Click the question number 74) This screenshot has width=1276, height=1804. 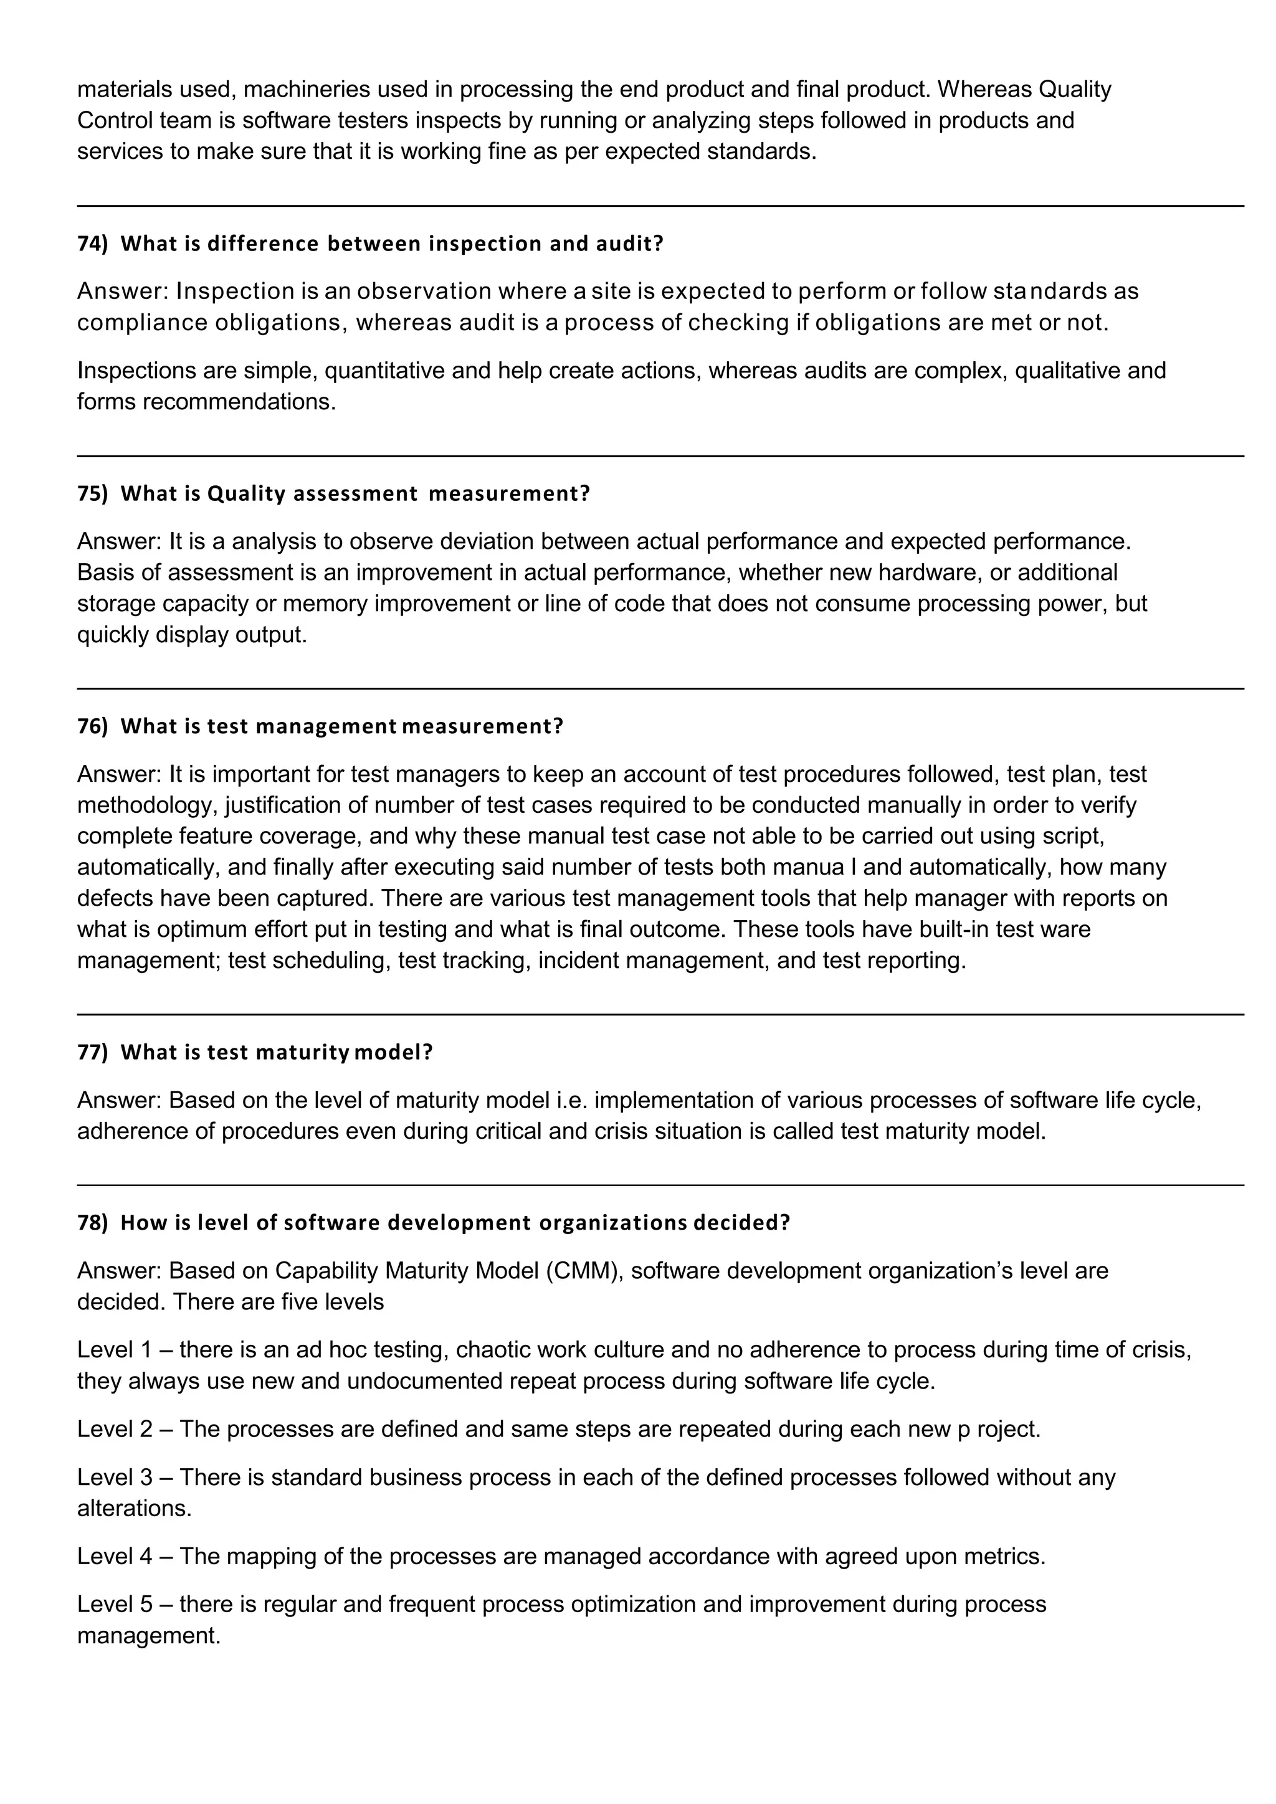click(92, 244)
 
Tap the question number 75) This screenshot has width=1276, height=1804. click(92, 493)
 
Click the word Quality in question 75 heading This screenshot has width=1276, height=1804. click(247, 493)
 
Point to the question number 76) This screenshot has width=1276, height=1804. click(92, 726)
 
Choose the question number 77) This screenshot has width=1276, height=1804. click(92, 1052)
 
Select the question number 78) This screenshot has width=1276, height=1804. click(92, 1223)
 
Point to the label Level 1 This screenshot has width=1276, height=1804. click(114, 1350)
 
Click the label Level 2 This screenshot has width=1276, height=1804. click(114, 1429)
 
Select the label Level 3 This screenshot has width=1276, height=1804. click(114, 1477)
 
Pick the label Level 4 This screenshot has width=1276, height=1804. click(114, 1557)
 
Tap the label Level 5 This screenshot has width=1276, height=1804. click(114, 1605)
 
